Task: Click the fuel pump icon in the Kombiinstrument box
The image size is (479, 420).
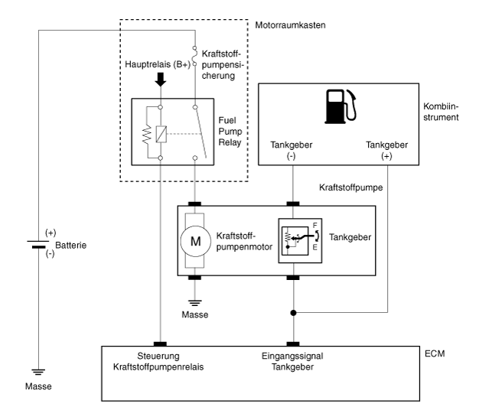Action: pos(341,106)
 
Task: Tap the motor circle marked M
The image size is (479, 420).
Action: pos(196,241)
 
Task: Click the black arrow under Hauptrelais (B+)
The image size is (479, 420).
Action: pos(161,80)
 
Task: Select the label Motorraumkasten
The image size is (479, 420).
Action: pos(290,25)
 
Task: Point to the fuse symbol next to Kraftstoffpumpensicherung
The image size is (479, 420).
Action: pos(194,56)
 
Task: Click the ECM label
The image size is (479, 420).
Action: pos(435,353)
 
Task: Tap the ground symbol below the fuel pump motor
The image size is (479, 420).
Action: pos(195,303)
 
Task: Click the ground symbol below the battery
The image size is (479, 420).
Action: pos(38,372)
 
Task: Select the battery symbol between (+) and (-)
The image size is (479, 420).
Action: pos(38,244)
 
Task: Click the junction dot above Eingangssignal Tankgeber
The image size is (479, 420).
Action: pos(293,313)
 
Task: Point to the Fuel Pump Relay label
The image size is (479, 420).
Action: pos(230,132)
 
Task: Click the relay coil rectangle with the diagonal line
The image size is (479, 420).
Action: pos(161,134)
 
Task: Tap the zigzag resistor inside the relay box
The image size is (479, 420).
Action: pos(147,133)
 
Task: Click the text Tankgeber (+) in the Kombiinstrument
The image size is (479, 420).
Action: pos(386,150)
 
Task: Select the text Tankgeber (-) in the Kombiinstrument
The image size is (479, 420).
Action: pos(291,150)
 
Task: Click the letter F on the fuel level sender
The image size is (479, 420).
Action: pos(315,226)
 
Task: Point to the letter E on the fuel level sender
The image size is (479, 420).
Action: pos(315,247)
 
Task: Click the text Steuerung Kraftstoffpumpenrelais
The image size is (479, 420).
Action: pos(158,361)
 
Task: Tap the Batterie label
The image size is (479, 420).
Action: pos(71,246)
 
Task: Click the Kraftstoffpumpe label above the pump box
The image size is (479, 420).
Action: pos(351,187)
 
